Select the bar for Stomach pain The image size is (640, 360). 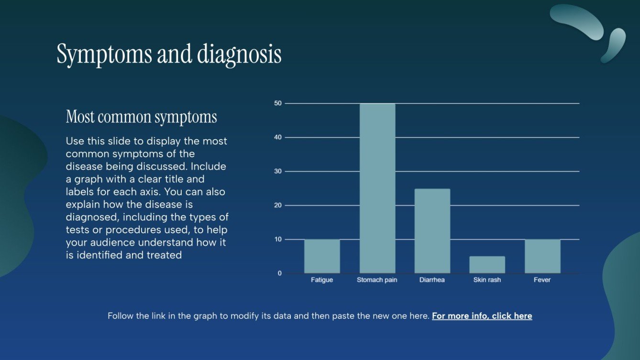(x=377, y=188)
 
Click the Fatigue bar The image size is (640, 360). (x=322, y=256)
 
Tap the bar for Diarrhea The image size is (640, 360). (x=432, y=231)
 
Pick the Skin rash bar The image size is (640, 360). (x=487, y=265)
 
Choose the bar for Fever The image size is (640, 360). (x=542, y=256)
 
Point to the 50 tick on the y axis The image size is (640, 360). (x=278, y=103)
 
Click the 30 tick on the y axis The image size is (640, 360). (x=278, y=171)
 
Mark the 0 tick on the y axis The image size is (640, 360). (x=280, y=273)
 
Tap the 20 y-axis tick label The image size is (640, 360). (x=278, y=205)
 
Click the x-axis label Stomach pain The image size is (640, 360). (x=377, y=280)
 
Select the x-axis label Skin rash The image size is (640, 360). (x=487, y=280)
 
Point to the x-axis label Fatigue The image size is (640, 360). (x=321, y=280)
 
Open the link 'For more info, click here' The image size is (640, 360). (x=482, y=316)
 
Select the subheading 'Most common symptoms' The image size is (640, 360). (x=141, y=117)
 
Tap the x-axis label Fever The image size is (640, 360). (x=542, y=280)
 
